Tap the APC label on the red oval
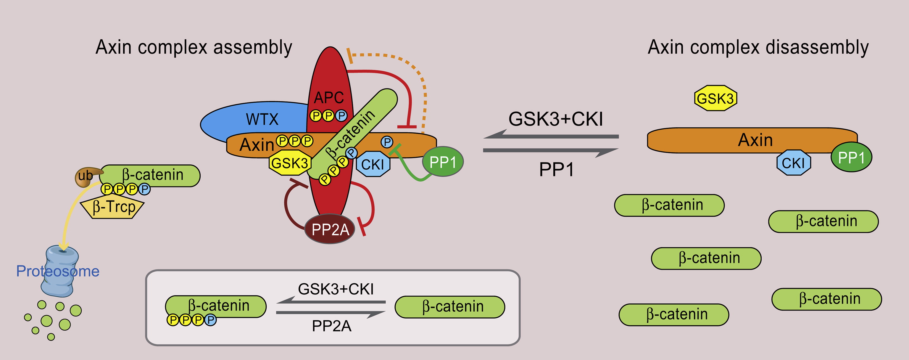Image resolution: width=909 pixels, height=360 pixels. (x=328, y=97)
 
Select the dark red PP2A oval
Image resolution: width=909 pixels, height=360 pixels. (x=330, y=229)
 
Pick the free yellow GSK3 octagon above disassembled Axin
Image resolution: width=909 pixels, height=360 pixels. (x=715, y=98)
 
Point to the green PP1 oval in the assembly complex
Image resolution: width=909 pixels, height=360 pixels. (x=443, y=162)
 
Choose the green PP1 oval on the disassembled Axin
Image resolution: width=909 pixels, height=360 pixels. (x=851, y=157)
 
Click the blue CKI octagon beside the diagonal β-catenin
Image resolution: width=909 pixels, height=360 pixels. (x=373, y=164)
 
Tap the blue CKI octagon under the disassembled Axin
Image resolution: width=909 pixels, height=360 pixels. (x=793, y=163)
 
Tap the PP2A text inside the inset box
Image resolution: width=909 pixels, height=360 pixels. (x=331, y=326)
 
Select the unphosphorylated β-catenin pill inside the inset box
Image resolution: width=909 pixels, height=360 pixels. (x=449, y=307)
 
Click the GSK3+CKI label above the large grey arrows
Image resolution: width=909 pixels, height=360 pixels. (x=555, y=119)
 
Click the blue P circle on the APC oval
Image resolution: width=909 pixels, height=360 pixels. (x=341, y=115)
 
